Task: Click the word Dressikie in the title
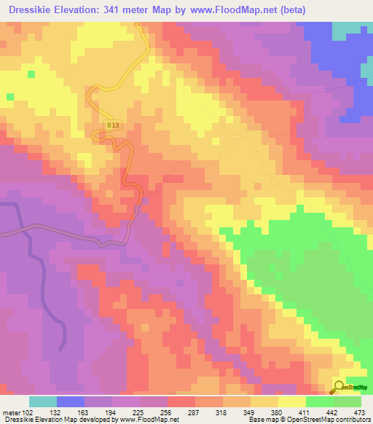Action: pyautogui.click(x=35, y=9)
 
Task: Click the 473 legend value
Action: pyautogui.click(x=357, y=412)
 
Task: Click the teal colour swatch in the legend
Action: pyautogui.click(x=43, y=401)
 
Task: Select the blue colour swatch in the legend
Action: pyautogui.click(x=71, y=401)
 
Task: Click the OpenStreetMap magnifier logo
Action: pyautogui.click(x=339, y=386)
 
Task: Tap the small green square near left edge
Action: pyautogui.click(x=9, y=96)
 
